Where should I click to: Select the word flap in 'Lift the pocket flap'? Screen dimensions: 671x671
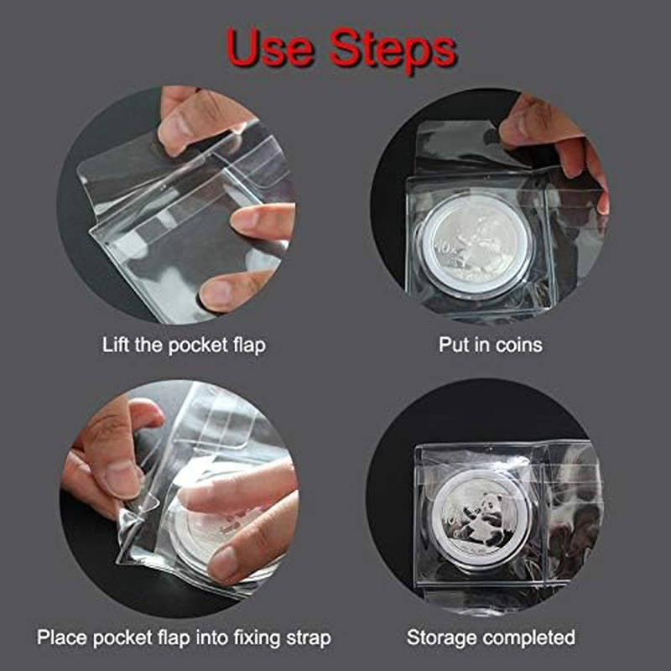(x=248, y=345)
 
